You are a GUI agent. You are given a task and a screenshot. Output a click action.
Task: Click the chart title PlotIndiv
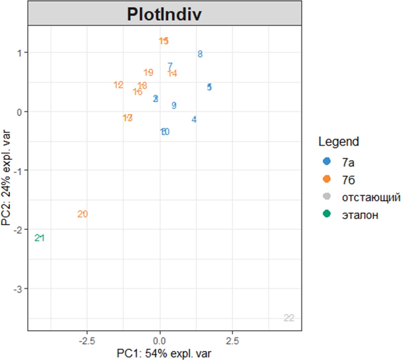tap(164, 14)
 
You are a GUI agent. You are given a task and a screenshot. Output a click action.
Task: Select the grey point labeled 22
tap(289, 318)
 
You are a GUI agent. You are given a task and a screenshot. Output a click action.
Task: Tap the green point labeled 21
tap(40, 238)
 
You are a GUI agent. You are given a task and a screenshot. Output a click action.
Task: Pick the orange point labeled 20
tap(83, 214)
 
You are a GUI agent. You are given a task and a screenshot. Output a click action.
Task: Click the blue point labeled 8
tap(200, 54)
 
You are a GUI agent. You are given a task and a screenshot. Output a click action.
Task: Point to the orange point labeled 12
tap(119, 85)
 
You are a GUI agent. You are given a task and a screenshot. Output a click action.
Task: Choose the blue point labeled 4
tap(194, 120)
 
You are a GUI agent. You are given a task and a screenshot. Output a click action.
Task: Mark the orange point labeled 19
tap(148, 73)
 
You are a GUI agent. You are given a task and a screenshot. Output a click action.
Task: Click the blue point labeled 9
tap(174, 105)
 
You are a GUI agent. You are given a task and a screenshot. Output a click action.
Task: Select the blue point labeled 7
tap(170, 66)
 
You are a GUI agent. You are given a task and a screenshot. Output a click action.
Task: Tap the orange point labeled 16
tap(137, 92)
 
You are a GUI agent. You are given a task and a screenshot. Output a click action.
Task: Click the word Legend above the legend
tap(339, 142)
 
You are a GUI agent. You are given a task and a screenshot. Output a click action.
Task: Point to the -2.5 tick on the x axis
tap(87, 341)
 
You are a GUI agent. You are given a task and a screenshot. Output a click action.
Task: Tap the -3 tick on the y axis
tap(18, 289)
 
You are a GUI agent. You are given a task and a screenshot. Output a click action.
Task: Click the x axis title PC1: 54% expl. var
tap(164, 353)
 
